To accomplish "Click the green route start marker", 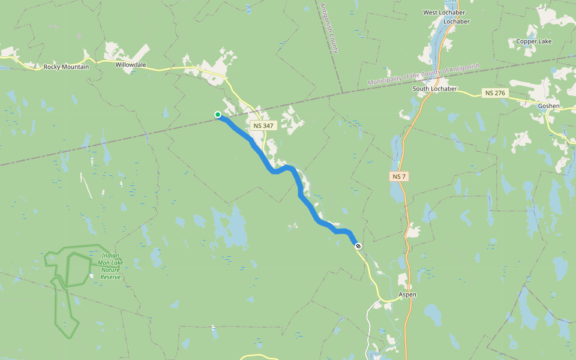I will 218,115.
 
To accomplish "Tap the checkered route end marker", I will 358,245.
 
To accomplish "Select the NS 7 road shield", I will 398,176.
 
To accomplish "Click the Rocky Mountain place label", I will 66,67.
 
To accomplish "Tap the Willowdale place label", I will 131,63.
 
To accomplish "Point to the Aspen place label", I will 408,295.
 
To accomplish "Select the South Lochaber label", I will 435,89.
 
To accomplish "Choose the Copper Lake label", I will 533,41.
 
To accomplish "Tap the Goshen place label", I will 549,106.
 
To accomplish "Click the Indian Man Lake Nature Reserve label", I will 110,266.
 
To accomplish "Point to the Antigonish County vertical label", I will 328,27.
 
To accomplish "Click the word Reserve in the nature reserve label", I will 110,277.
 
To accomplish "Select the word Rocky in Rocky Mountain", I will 52,67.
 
